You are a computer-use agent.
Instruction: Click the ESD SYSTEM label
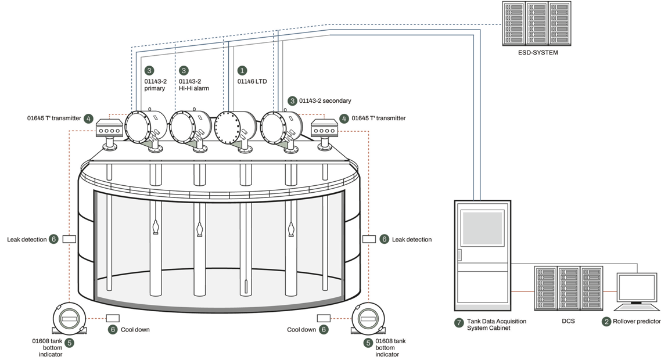(x=538, y=53)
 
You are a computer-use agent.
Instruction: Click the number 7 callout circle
(x=459, y=321)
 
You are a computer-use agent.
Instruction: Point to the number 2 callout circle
(x=606, y=321)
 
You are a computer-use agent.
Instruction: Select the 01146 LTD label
(x=252, y=82)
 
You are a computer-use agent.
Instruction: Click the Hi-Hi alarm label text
(x=194, y=89)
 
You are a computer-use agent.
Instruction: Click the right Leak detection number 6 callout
(x=384, y=239)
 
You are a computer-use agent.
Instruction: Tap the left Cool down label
(x=136, y=329)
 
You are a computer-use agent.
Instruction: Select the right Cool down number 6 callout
(x=324, y=329)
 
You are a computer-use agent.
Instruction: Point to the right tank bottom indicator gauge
(x=368, y=319)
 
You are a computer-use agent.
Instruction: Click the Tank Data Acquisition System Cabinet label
(x=490, y=325)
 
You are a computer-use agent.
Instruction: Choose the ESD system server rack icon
(x=538, y=24)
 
